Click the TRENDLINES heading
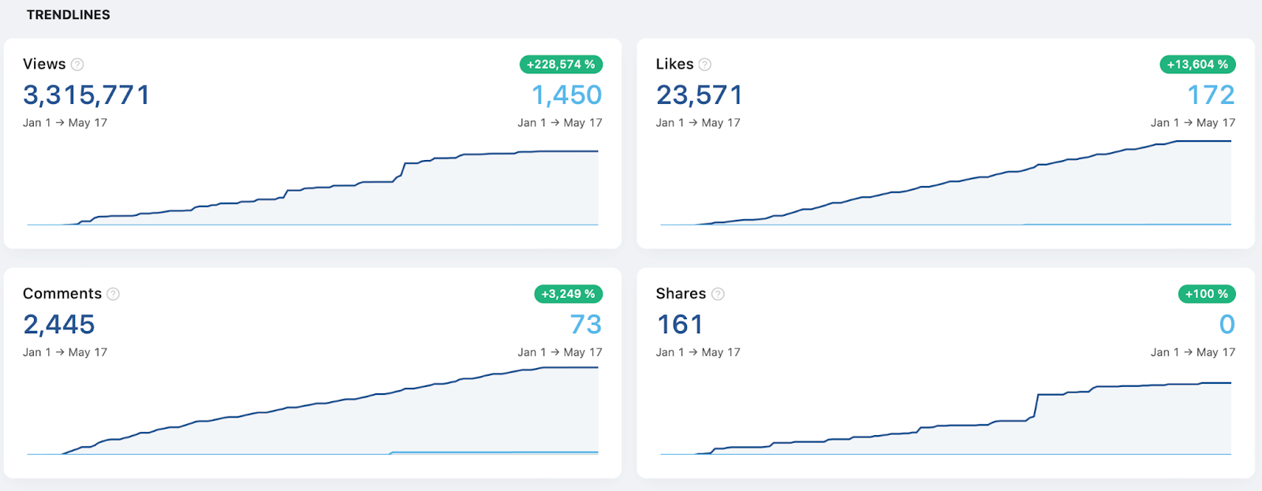coord(68,15)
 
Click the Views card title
coord(44,64)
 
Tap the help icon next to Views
coord(78,65)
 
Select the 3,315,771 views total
coord(86,95)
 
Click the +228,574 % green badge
coord(561,64)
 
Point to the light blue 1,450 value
coord(567,95)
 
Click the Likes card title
coord(674,64)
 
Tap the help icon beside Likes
coord(705,65)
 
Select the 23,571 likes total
coord(699,95)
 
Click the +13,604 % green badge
coord(1198,64)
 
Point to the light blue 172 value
coord(1212,95)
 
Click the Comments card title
coord(62,293)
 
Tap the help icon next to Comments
coord(114,294)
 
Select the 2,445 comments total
coord(59,325)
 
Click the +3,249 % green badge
coord(569,294)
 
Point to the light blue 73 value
coord(586,325)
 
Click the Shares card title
coord(681,293)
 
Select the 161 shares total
coord(680,325)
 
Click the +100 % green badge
coord(1207,294)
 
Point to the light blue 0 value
coord(1227,325)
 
